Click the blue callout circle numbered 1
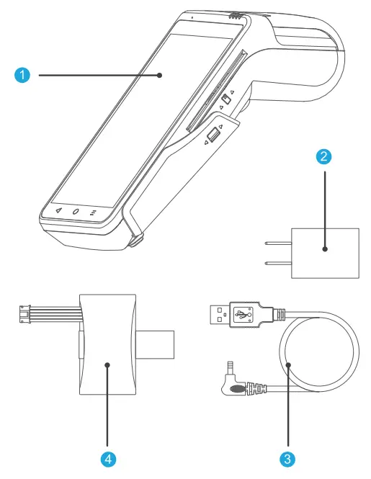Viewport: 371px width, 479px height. click(24, 75)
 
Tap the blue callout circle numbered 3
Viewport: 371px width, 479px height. click(287, 457)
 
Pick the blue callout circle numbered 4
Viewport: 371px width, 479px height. click(107, 457)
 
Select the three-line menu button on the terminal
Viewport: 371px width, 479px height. click(93, 213)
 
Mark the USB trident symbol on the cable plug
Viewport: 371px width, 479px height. click(247, 313)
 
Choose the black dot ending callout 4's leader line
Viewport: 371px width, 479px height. click(107, 365)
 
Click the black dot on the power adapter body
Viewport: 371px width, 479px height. click(324, 250)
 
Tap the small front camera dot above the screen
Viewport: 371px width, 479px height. click(192, 16)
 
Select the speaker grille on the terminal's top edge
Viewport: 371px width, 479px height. click(232, 14)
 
